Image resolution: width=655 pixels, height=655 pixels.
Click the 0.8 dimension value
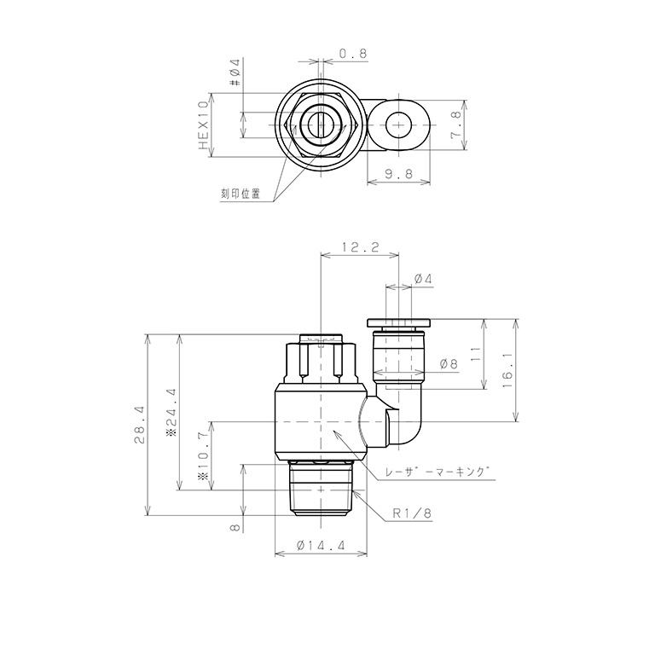coord(352,54)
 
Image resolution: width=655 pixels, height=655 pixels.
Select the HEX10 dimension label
coord(204,125)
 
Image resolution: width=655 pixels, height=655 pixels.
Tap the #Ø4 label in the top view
coord(235,72)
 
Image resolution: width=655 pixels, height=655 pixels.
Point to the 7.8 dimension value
coord(455,125)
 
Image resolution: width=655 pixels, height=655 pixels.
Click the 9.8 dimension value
coord(398,173)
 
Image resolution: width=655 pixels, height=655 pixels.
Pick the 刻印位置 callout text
coord(241,194)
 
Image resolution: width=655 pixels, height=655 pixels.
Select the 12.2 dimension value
coord(360,247)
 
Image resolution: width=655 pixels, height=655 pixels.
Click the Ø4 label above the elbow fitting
coord(423,279)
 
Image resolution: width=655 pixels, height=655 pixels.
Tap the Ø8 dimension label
coord(449,364)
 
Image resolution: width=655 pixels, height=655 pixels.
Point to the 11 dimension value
coord(475,354)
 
